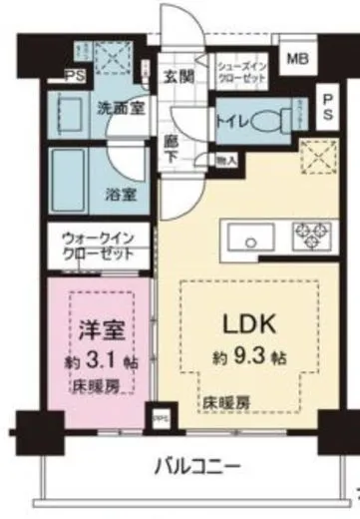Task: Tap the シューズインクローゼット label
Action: (241, 69)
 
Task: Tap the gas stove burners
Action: (307, 238)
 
